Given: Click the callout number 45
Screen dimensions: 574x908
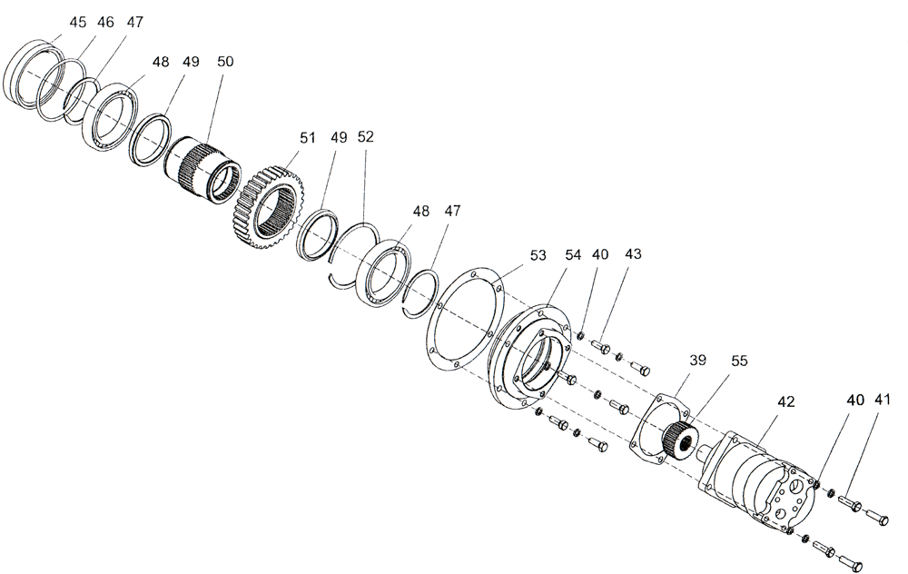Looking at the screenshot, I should click(x=78, y=21).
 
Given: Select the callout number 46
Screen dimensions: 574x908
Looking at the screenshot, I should click(x=105, y=21).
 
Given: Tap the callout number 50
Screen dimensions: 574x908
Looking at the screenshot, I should click(x=225, y=62).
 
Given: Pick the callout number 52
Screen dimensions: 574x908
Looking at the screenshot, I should click(x=365, y=137).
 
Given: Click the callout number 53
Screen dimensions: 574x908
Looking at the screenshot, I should click(x=538, y=255).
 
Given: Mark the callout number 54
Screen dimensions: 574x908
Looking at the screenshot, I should click(x=572, y=255).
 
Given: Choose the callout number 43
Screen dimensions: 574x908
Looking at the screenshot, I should click(x=632, y=255).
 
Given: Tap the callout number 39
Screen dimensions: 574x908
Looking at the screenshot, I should click(x=697, y=361).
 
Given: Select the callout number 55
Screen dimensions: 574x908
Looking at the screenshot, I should click(x=739, y=361).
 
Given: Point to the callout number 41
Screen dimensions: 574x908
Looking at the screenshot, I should click(x=883, y=401).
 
